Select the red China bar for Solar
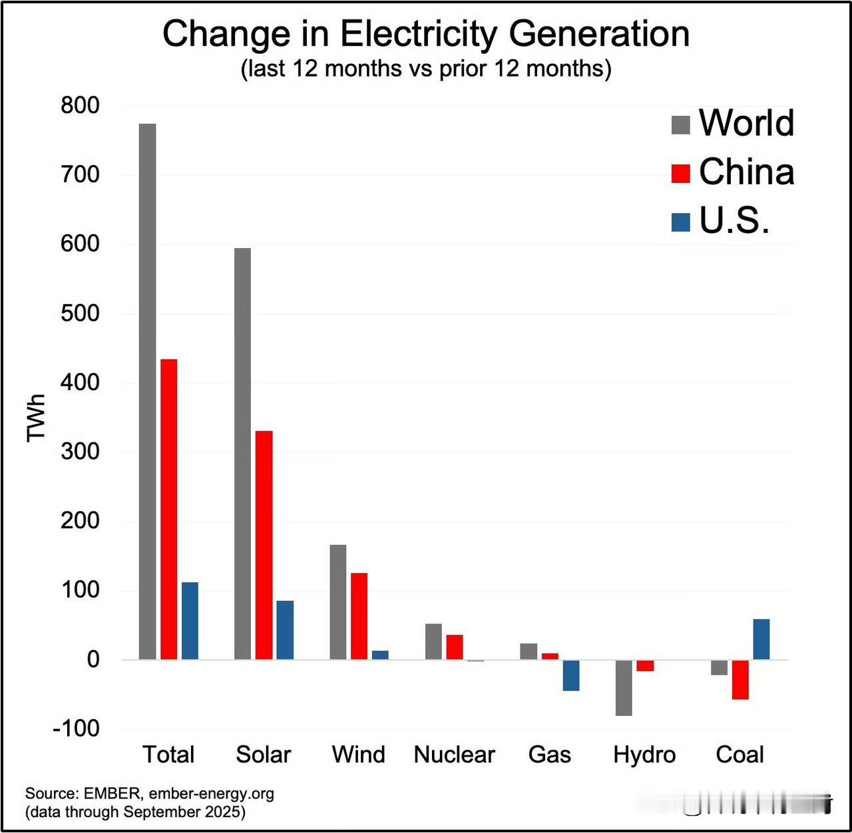click(x=264, y=545)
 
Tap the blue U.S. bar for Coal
click(x=761, y=639)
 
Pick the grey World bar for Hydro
click(x=624, y=687)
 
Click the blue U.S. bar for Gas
click(x=571, y=675)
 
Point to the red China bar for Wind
click(x=359, y=616)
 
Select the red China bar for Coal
click(x=740, y=679)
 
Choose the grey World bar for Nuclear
click(x=433, y=641)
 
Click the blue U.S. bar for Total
click(x=190, y=621)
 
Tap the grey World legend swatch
click(x=681, y=124)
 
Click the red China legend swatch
click(x=681, y=173)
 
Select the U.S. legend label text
click(x=734, y=220)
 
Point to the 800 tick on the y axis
click(x=80, y=105)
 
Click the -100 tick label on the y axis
click(x=76, y=728)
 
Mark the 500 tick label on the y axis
click(x=80, y=313)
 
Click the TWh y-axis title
click(x=36, y=417)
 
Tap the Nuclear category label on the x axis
click(x=455, y=754)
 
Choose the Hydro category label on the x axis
click(x=644, y=754)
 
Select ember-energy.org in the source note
click(x=211, y=793)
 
